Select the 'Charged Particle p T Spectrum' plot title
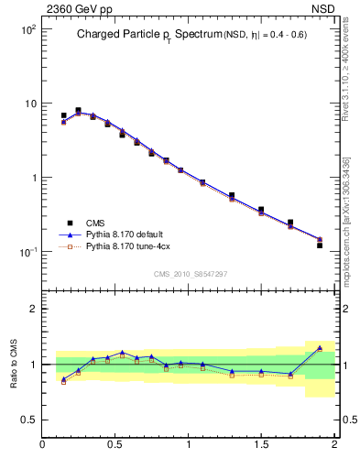151,35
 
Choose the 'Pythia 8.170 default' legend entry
122,234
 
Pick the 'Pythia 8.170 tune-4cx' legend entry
125,247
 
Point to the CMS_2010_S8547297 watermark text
190,273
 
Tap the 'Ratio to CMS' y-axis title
15,365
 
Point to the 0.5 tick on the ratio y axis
27,420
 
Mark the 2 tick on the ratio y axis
32,309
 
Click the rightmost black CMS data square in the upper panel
320,245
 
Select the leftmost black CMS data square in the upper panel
63,115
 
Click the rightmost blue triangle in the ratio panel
320,348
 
